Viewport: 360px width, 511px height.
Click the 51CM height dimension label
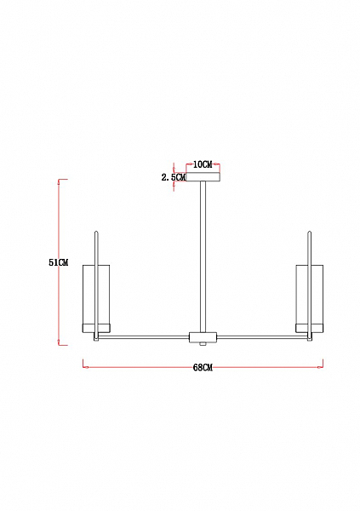(59, 262)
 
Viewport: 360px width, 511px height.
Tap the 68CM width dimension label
(203, 368)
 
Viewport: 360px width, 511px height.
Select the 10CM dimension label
(203, 164)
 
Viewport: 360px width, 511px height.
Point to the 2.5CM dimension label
(174, 178)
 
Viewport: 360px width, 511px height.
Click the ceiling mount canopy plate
(203, 177)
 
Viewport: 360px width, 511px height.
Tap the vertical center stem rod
(203, 257)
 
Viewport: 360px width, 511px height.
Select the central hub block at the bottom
(203, 337)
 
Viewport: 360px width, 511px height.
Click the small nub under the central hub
(203, 344)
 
